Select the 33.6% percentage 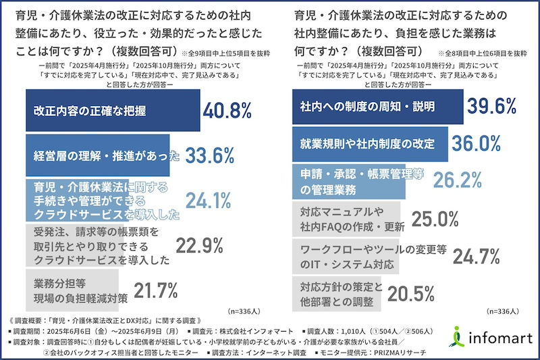click(x=209, y=155)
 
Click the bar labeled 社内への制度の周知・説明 click(x=378, y=107)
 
